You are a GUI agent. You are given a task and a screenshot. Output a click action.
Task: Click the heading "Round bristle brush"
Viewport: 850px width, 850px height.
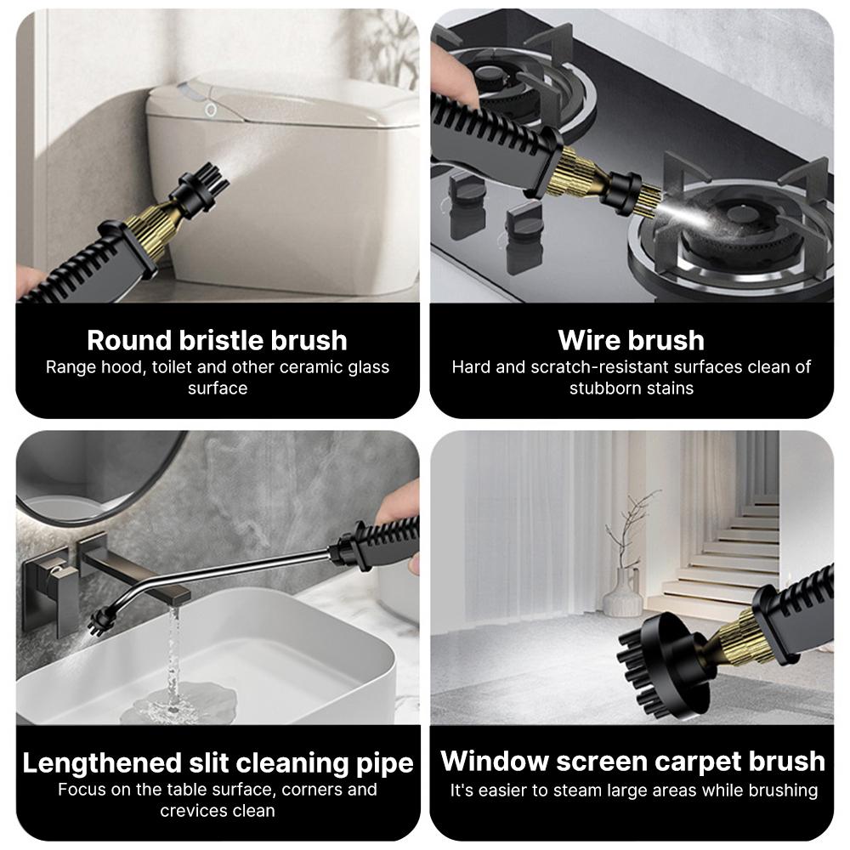(217, 340)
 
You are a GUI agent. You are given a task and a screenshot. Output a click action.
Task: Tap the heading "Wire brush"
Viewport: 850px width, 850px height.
(632, 340)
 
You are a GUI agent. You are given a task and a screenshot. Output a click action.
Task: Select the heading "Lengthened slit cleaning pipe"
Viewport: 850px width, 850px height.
(218, 762)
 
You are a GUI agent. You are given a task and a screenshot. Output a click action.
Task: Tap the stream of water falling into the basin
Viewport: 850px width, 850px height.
(173, 663)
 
